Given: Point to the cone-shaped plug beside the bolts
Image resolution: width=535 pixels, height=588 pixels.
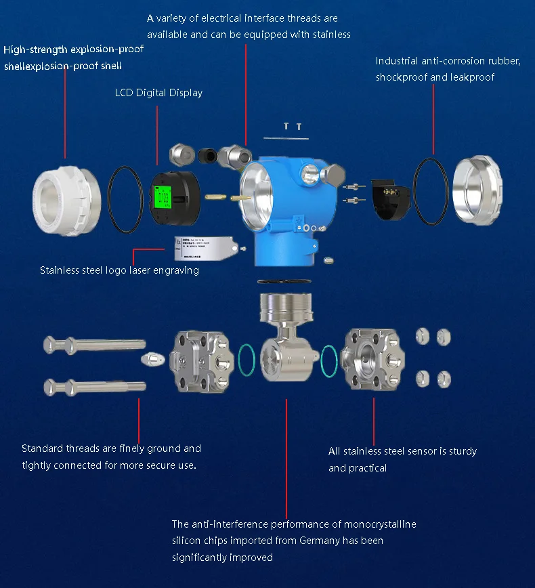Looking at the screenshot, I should click(152, 358).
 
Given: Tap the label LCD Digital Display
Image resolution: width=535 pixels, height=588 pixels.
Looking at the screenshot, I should click(158, 93).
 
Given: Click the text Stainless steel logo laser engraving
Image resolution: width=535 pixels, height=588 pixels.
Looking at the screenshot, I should click(119, 270).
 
